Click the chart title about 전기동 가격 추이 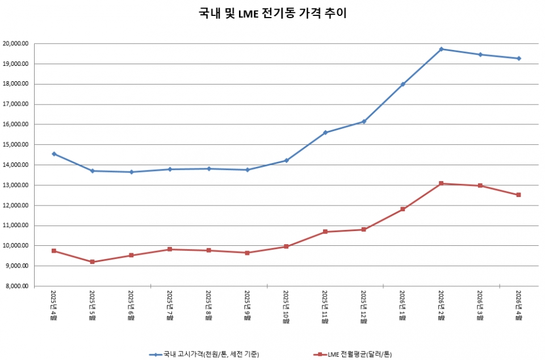click(272, 13)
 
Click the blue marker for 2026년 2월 click(441, 49)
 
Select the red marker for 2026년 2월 click(441, 183)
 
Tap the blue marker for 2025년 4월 click(54, 154)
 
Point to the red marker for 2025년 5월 click(93, 262)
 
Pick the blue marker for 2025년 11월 click(325, 132)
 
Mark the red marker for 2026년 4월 click(518, 195)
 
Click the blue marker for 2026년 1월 click(403, 84)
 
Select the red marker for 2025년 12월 click(363, 229)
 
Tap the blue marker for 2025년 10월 click(286, 160)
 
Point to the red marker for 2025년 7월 click(170, 249)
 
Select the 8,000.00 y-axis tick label click(16, 286)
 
